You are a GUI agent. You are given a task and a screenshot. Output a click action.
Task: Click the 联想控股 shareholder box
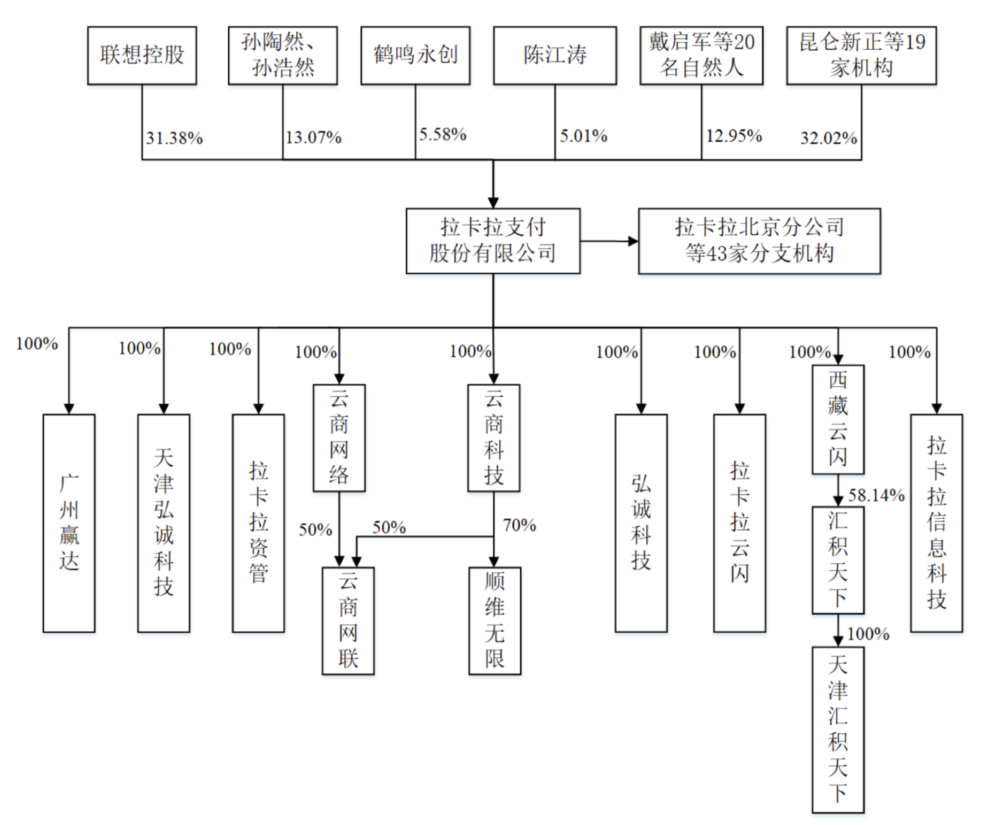pos(141,56)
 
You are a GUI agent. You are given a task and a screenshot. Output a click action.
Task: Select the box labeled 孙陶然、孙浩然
pos(282,56)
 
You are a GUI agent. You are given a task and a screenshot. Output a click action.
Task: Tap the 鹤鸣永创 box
pos(415,56)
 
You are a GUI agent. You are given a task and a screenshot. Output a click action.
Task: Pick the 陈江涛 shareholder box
pos(555,56)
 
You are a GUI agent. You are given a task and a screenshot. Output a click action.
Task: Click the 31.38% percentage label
pos(174,138)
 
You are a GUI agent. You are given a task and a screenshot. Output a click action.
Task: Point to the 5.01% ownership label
pos(583,136)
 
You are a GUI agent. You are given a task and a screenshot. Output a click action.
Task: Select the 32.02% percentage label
pos(828,138)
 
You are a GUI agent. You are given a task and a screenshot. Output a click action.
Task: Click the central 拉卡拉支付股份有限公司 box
pos(493,240)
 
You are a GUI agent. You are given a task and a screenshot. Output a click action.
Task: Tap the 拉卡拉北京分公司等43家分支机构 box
pos(759,240)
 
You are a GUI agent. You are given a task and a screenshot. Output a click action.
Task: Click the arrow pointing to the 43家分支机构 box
pos(610,241)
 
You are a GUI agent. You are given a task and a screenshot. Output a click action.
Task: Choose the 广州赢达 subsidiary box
pos(69,523)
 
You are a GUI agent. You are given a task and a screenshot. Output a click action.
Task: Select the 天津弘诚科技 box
pos(164,523)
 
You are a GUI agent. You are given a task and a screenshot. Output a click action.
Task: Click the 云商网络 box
pos(339,438)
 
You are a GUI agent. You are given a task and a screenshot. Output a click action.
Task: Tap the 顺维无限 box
pos(494,620)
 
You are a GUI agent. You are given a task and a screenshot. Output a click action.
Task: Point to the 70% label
pos(519,525)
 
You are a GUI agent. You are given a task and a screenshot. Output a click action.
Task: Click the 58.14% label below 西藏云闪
pos(876,495)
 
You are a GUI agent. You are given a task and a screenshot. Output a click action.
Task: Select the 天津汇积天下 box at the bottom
pos(838,730)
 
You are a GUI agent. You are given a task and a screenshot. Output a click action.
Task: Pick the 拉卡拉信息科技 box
pos(936,523)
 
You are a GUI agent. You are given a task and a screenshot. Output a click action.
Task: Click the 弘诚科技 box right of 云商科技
pos(640,523)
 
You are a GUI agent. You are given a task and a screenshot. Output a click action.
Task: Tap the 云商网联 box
pos(348,620)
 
